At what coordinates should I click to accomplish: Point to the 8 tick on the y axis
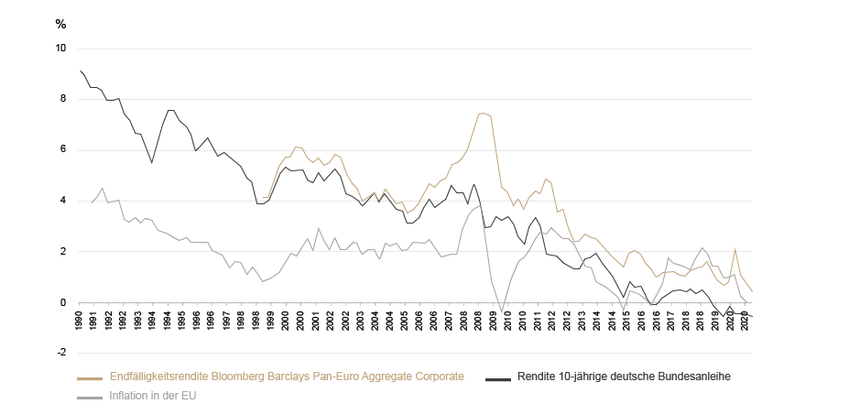click(63, 99)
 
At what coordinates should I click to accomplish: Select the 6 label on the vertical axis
click(63, 149)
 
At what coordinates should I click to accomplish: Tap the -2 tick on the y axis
click(61, 353)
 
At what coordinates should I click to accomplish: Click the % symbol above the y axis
click(61, 23)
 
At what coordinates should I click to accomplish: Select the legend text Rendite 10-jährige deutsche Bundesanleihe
click(623, 377)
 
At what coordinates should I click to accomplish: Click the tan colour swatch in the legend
click(90, 377)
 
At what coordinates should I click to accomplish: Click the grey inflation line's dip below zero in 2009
click(502, 311)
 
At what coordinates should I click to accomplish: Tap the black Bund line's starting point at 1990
click(81, 71)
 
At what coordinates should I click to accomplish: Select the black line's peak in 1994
click(169, 110)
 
